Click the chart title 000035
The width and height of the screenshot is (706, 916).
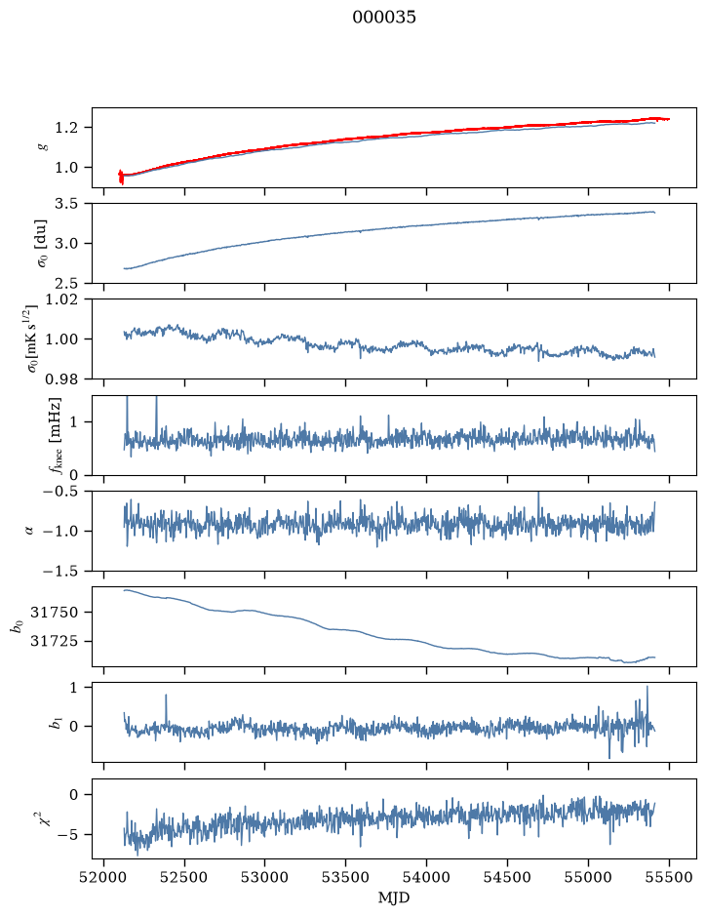point(383,17)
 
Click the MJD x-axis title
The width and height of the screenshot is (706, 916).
point(394,897)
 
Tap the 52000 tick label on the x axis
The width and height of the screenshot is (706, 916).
point(104,877)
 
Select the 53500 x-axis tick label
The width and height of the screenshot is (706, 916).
point(346,877)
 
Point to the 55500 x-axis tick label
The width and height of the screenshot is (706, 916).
point(669,877)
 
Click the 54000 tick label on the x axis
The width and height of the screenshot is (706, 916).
point(426,877)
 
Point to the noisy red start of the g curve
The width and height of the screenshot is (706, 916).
point(121,177)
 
